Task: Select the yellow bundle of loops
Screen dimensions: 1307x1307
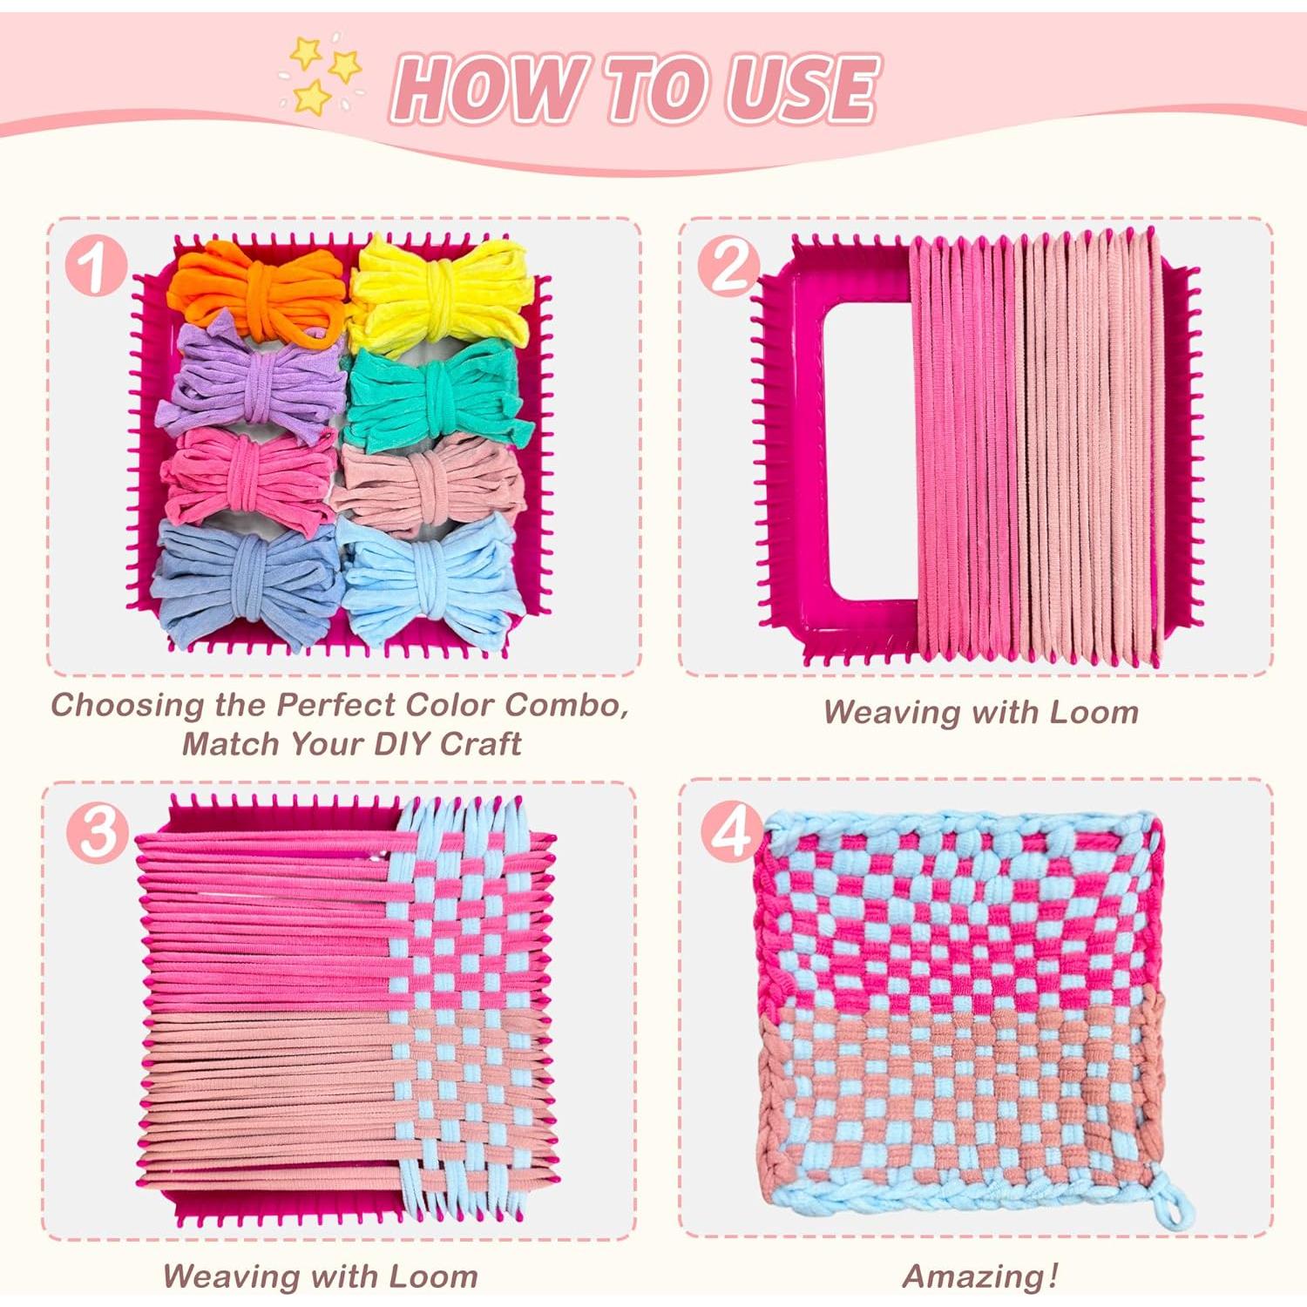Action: pyautogui.click(x=440, y=292)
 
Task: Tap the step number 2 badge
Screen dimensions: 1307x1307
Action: pyautogui.click(x=728, y=266)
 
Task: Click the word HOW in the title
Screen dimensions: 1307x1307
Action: pyautogui.click(x=488, y=89)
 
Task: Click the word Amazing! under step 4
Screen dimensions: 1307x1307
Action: pyautogui.click(x=980, y=1277)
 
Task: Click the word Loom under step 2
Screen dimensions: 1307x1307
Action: pyautogui.click(x=1094, y=712)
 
